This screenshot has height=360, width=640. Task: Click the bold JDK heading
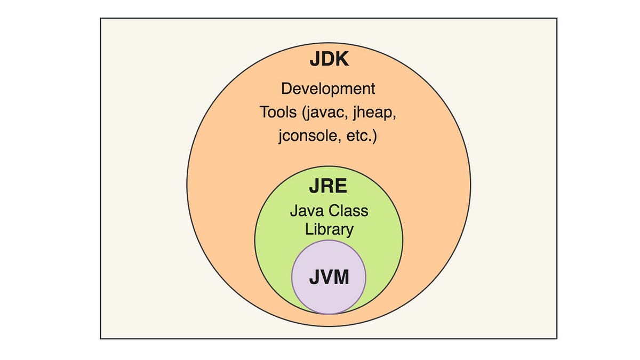(x=329, y=59)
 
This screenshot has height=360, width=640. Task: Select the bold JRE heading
(x=328, y=187)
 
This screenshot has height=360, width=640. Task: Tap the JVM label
(x=329, y=277)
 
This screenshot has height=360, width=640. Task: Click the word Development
(x=328, y=89)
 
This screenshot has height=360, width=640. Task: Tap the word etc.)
(x=361, y=137)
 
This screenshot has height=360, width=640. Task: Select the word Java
(x=307, y=211)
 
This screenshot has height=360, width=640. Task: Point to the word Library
(x=329, y=229)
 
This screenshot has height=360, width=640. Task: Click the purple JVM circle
(x=329, y=299)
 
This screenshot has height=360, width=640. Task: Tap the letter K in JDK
(x=342, y=59)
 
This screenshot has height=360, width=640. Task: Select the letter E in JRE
(x=341, y=187)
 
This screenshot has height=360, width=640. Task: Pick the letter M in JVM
(x=342, y=277)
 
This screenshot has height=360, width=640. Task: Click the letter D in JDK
(x=327, y=59)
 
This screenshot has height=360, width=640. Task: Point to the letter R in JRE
(x=327, y=187)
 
